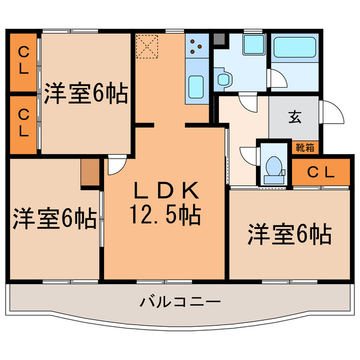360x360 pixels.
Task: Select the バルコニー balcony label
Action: coord(180,302)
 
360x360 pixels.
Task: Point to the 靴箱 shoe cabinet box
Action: coord(305,147)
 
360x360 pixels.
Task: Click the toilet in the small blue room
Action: coord(274,168)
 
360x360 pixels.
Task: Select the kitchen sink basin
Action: coord(196,87)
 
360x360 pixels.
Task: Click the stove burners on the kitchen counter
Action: coord(197,48)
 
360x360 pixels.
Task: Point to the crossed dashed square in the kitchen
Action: coord(148,46)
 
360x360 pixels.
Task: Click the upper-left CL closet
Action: coord(24,60)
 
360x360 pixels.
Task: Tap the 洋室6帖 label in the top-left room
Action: coord(85,93)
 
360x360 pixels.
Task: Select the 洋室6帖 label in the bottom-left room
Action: coord(54,220)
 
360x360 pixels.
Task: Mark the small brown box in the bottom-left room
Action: coord(89,173)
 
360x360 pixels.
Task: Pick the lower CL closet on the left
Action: coord(24,124)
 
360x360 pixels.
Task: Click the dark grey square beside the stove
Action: coord(218,39)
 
